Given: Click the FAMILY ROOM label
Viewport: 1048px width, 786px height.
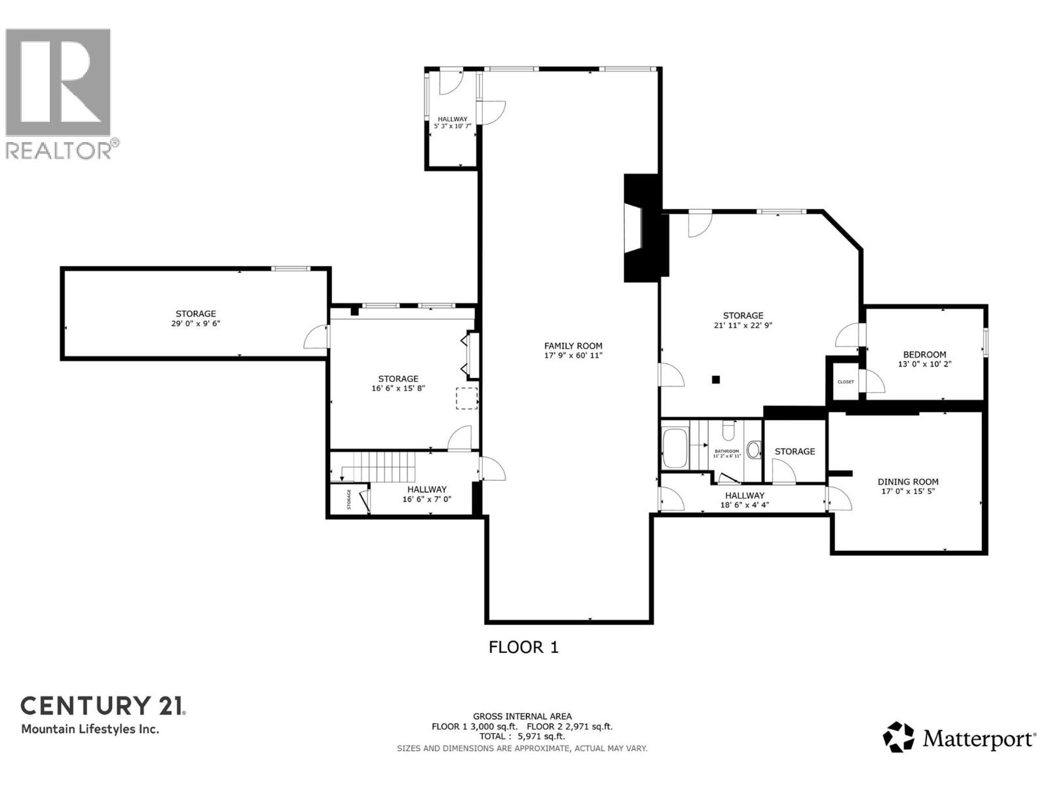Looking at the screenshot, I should click(573, 346).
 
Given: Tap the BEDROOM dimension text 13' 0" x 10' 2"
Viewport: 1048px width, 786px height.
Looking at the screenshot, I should click(924, 364).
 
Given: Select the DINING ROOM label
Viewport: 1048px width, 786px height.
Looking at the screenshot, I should click(908, 481).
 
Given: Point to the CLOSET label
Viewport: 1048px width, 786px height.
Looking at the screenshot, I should click(845, 382).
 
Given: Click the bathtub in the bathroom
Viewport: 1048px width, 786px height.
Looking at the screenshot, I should click(675, 448).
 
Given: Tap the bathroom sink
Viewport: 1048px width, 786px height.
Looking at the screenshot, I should click(753, 450).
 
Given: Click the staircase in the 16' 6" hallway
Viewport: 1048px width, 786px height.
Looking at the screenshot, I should click(386, 468).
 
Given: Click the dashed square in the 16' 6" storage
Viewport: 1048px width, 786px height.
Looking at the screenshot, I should click(466, 398).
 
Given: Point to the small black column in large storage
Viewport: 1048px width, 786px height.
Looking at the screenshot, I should click(716, 379).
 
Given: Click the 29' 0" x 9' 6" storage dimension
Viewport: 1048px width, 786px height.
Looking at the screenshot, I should click(195, 323).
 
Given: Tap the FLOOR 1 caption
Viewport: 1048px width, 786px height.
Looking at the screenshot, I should click(523, 647).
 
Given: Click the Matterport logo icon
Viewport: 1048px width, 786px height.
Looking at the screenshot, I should click(899, 738).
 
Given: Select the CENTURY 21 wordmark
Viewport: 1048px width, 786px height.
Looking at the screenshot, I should click(103, 705).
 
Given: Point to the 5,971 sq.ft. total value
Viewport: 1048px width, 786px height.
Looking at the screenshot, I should click(541, 736).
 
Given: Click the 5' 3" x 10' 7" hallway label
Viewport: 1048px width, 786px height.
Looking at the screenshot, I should click(453, 126).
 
